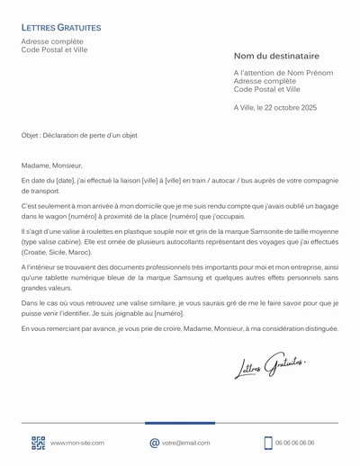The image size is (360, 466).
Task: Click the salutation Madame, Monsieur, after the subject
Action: (51, 165)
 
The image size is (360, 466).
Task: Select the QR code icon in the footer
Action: (38, 443)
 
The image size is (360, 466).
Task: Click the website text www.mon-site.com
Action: (77, 443)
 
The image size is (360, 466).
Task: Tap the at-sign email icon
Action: (154, 443)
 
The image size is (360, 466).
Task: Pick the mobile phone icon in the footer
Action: (268, 443)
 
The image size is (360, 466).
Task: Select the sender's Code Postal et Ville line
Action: (53, 49)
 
